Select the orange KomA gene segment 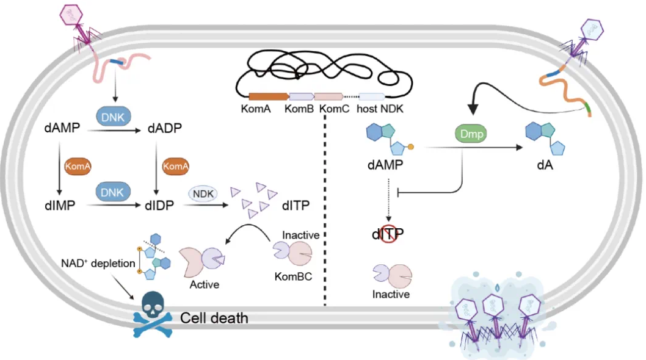(268, 96)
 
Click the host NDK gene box (371, 96)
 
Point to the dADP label (164, 129)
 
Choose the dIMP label (60, 206)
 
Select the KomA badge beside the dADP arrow (176, 166)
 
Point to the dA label (542, 165)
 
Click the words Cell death (214, 318)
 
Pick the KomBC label (294, 276)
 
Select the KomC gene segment (328, 96)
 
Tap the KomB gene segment (300, 96)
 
